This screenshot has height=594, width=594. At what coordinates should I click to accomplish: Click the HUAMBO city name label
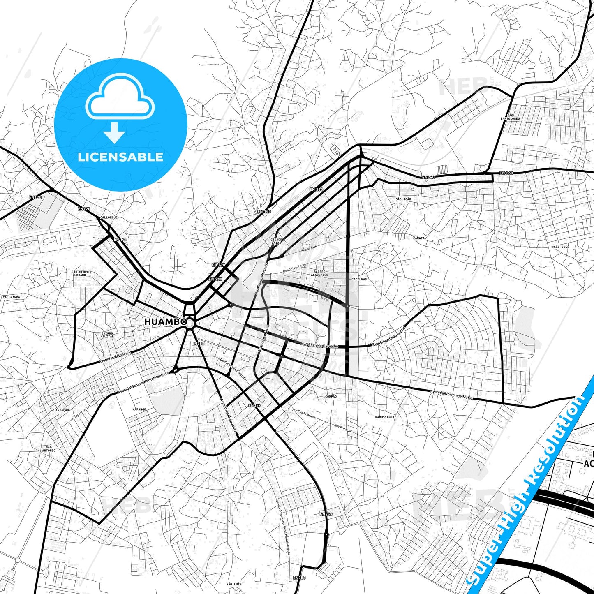[165, 322]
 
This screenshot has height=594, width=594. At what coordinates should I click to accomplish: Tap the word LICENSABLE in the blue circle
[120, 157]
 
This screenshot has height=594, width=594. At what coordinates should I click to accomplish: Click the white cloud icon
[120, 97]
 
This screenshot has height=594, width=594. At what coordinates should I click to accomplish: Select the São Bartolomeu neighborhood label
[510, 117]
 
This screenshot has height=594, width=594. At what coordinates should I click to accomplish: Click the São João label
[403, 199]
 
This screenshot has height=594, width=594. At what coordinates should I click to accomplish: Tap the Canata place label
[419, 238]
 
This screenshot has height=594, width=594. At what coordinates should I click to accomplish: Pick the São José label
[561, 247]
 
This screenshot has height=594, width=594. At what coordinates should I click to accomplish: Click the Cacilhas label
[359, 279]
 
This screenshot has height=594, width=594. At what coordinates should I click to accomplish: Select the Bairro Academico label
[319, 273]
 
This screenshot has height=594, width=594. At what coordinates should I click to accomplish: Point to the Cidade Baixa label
[277, 241]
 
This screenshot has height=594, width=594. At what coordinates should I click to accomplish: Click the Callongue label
[109, 217]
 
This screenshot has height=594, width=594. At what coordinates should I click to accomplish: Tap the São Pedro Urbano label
[80, 273]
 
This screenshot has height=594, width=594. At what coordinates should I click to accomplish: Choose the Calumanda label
[11, 297]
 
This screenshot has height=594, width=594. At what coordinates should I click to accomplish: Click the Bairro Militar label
[107, 335]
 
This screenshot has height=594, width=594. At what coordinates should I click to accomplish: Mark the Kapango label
[139, 409]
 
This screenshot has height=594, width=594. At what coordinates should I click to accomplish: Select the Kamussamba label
[384, 417]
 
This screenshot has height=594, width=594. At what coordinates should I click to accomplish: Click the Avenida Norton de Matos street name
[451, 395]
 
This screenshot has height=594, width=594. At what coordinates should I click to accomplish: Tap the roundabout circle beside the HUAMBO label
[190, 324]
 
